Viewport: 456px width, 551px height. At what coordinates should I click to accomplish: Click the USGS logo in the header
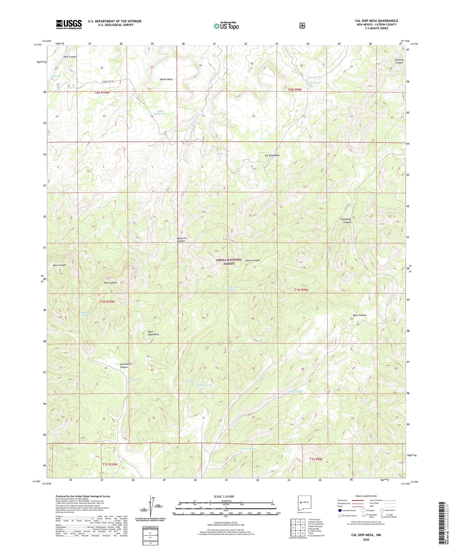coord(69,24)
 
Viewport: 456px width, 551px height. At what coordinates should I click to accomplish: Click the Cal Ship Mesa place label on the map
coord(272,155)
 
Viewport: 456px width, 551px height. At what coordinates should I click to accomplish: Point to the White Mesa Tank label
coord(160,112)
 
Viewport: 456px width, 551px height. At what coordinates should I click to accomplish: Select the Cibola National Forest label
coord(229,262)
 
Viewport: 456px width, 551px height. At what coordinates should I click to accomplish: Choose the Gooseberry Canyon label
coord(124,366)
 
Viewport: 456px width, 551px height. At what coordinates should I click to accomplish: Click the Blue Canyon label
coord(60,265)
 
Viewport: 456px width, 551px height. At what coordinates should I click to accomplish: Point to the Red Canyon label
coord(110,283)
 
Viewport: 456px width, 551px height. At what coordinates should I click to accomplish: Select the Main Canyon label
coord(359,315)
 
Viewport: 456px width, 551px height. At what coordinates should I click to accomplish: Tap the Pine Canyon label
coord(70,57)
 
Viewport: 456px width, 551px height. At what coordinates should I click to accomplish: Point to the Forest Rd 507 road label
coord(106,81)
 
